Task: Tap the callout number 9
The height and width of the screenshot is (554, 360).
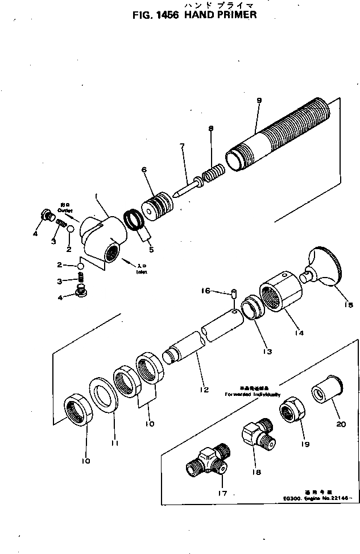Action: click(x=259, y=100)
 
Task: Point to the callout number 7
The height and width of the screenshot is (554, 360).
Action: click(x=182, y=146)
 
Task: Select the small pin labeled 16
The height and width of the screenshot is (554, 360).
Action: click(x=234, y=294)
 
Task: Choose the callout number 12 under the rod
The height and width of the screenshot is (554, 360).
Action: click(x=204, y=390)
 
